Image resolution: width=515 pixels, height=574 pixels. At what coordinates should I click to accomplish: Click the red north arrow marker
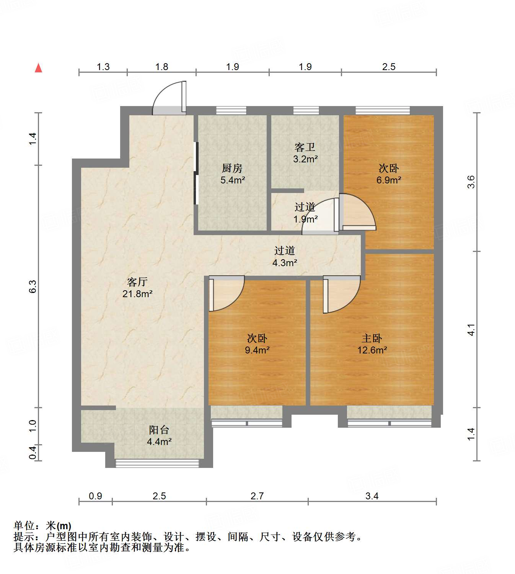pos(38,68)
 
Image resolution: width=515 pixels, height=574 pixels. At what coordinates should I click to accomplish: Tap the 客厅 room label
pos(137,282)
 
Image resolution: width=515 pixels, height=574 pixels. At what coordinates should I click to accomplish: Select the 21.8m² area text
pos(137,294)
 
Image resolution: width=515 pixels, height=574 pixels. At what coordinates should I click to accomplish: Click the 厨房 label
pos(232,168)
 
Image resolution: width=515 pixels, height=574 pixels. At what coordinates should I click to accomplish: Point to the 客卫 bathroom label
pos(305,147)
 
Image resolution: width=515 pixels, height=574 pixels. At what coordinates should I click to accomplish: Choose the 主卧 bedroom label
pos(372,338)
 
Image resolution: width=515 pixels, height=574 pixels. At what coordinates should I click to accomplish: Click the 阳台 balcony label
pos(159,430)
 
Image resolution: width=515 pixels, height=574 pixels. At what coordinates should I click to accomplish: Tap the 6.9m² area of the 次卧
pos(388,180)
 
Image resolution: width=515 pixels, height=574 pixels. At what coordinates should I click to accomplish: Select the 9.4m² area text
pos(257,350)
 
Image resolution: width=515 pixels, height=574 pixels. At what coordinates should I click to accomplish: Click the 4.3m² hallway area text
pos(285,263)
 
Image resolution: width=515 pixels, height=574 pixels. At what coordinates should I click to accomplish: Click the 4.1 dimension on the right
pos(471,330)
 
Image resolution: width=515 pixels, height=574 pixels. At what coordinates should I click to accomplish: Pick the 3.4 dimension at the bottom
pos(372,496)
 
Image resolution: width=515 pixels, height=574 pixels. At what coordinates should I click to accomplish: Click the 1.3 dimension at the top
pos(103,67)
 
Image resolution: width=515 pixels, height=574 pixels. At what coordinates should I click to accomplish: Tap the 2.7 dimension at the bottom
pos(257,496)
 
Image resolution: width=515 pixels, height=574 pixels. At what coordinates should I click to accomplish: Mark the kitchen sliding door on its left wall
pos(196,173)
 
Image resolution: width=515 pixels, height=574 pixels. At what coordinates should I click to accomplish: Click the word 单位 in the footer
pos(24,526)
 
